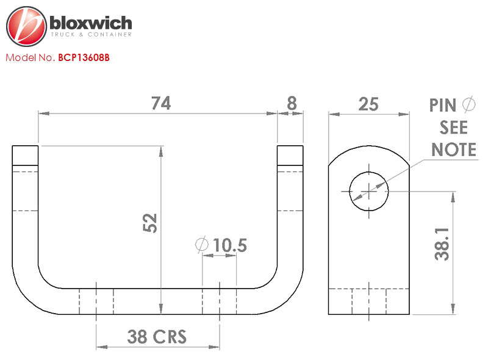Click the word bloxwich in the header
90,23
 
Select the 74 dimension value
160,104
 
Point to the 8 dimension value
292,104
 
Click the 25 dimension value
368,104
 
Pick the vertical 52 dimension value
150,223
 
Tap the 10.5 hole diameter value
230,246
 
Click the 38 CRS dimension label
157,336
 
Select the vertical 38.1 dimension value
442,245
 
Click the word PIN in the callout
443,106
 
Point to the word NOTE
454,149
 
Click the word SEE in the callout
454,128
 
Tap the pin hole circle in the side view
368,191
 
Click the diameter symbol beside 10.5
201,245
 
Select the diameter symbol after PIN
468,105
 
